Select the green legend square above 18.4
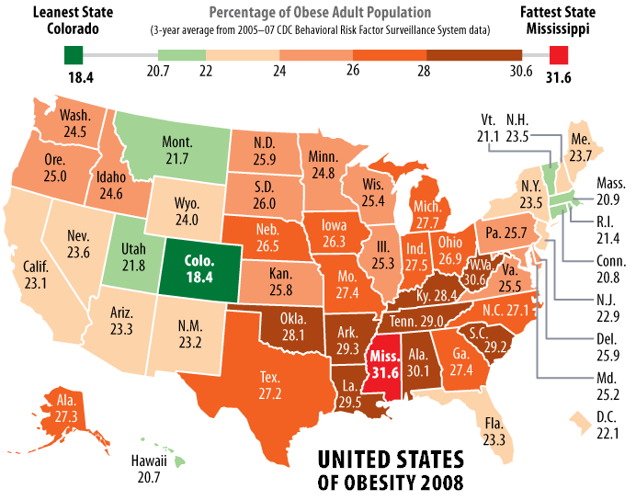click(74, 54)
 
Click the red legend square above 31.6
click(558, 54)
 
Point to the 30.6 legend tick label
click(521, 73)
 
